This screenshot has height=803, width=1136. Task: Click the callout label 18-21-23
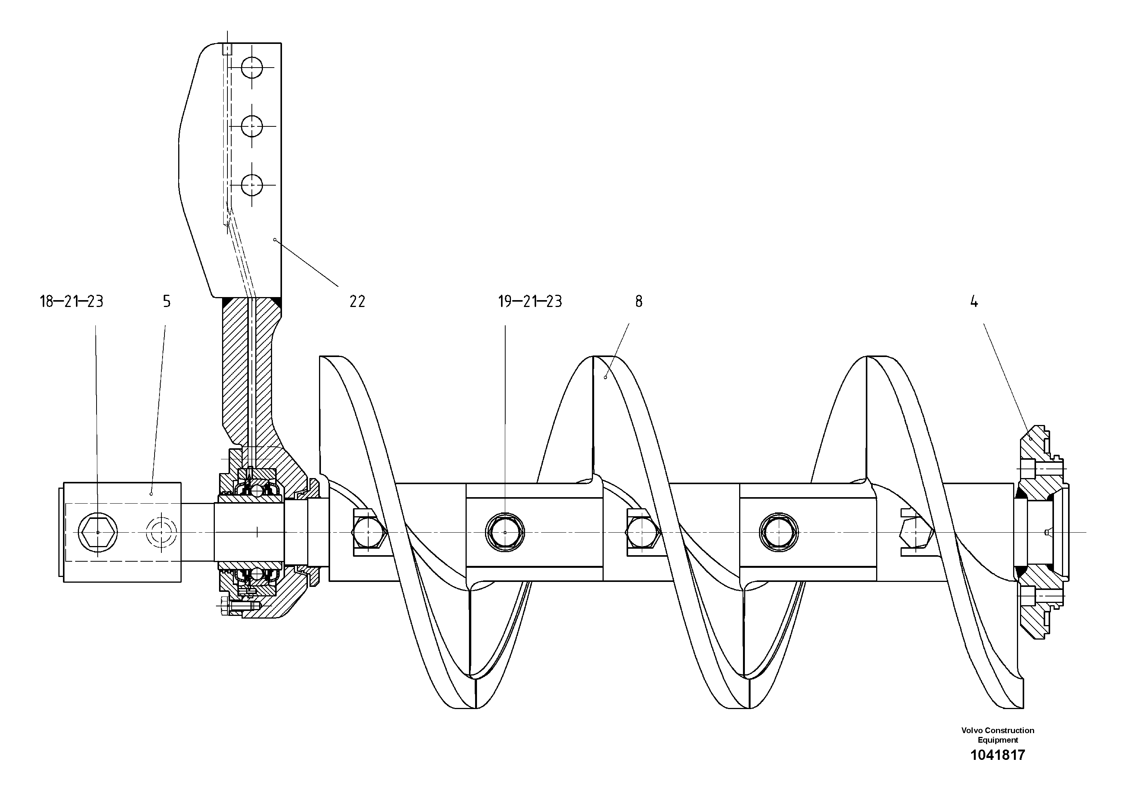[x=71, y=302]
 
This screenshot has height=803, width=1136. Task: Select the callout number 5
[x=167, y=302]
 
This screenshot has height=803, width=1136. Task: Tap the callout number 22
[x=357, y=302]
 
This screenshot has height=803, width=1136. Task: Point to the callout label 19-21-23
[x=530, y=302]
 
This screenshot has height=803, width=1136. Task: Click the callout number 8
[x=639, y=302]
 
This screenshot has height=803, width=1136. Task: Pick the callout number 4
[x=974, y=302]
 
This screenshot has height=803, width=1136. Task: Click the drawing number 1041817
[x=997, y=755]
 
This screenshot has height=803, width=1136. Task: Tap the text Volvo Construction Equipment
[x=997, y=735]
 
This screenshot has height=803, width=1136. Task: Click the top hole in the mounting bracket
[x=252, y=67]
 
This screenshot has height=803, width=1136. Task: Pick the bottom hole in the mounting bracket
[x=252, y=185]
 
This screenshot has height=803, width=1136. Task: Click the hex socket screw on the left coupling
[x=98, y=533]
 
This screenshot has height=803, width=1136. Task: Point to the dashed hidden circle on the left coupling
[x=161, y=533]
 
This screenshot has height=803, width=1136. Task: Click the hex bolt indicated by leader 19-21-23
[x=505, y=533]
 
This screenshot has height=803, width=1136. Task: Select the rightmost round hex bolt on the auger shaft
[x=778, y=533]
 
